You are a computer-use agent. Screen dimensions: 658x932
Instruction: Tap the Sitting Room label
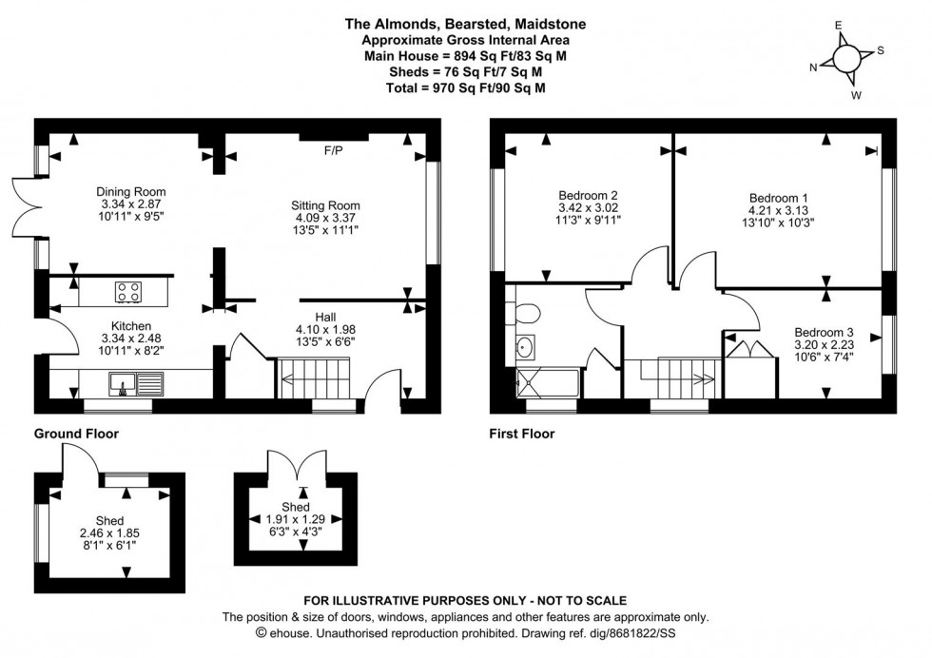tap(325, 205)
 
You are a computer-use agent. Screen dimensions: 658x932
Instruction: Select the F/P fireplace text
tap(333, 151)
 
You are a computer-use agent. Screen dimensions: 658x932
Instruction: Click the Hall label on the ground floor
tap(325, 317)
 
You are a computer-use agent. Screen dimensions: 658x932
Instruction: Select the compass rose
tap(845, 58)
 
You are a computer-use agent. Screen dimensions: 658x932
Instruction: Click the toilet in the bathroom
tap(526, 313)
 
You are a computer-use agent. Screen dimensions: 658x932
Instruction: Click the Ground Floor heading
tap(77, 434)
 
